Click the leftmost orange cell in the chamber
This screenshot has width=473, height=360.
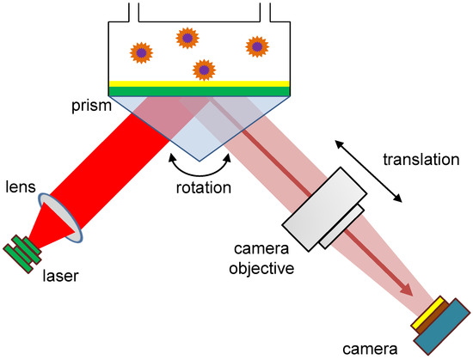click(x=142, y=52)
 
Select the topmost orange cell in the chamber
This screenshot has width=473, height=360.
click(x=187, y=38)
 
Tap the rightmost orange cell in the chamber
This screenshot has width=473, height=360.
click(x=256, y=46)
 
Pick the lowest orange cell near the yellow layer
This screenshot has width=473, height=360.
click(x=203, y=69)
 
